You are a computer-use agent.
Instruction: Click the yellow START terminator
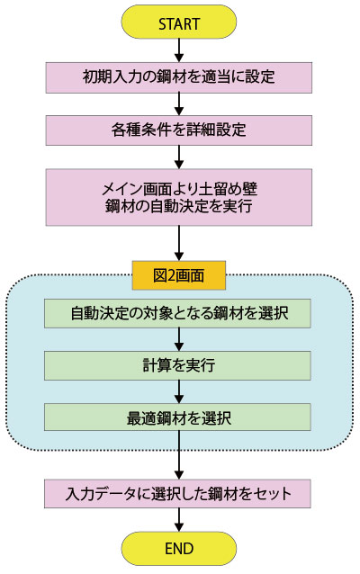(179, 22)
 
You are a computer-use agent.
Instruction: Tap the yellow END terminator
(179, 549)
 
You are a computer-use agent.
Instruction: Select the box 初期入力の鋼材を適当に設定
(179, 77)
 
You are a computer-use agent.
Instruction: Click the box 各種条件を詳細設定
(179, 130)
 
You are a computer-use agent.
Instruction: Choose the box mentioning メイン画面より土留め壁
(179, 197)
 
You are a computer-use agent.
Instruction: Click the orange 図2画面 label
(179, 275)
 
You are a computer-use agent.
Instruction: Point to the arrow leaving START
(179, 50)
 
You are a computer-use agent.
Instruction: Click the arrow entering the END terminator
(179, 520)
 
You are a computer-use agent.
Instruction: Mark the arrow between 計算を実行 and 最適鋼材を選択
(179, 391)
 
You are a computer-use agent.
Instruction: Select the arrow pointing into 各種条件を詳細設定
(179, 104)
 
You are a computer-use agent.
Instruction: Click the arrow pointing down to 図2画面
(179, 243)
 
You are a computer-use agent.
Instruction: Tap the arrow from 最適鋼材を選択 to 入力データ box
(179, 455)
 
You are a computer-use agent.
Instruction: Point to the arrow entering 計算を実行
(179, 339)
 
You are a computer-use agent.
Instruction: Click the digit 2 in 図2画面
(171, 275)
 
